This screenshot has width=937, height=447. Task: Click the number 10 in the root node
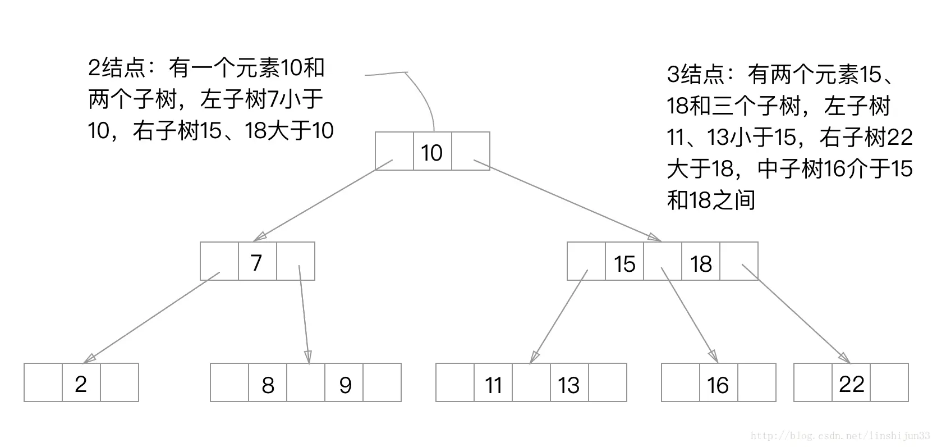[432, 153]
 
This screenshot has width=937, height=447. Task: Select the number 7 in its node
[256, 262]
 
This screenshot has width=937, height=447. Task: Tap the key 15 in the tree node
[624, 263]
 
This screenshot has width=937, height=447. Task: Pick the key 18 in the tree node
[701, 263]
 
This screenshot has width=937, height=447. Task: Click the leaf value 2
[81, 384]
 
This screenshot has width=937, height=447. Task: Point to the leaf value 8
[268, 385]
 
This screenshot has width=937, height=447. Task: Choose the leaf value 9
[345, 385]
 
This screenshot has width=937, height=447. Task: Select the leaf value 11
[493, 385]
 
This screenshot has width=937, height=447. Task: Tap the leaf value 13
[569, 385]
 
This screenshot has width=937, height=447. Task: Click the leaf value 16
[718, 385]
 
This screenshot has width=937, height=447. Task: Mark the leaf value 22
[851, 384]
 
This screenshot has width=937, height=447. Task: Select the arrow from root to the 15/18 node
[567, 199]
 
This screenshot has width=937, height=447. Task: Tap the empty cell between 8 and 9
[306, 383]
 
